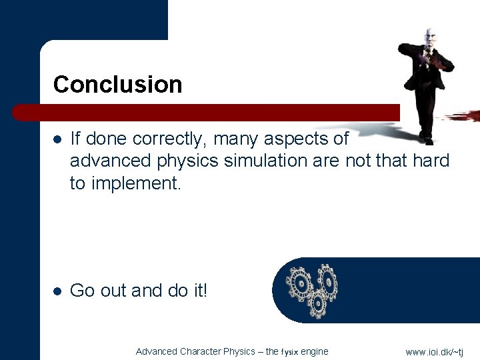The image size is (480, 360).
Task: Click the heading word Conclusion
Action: pos(117,85)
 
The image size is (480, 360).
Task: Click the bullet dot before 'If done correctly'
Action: pos(57,139)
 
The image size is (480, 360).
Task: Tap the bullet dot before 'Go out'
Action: pos(57,291)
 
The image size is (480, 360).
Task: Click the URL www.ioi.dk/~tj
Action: pos(434,352)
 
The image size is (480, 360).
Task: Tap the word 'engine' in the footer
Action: pos(315,352)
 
